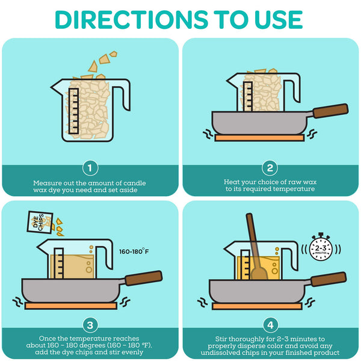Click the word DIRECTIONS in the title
coord(131,20)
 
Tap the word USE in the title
coord(279,20)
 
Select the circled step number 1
coord(90,168)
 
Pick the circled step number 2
coord(270,168)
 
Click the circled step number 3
coord(90,325)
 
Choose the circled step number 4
coord(270,325)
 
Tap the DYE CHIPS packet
coord(40,222)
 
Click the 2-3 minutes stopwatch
coord(321,247)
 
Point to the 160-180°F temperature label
coord(134,251)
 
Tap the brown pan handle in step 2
coord(330,111)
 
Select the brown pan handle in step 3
coord(144,278)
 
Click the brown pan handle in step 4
coord(329,279)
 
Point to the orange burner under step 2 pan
coord(259,138)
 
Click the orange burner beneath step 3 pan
coord(71,306)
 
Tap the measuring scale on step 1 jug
coord(73,111)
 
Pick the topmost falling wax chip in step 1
coord(113,54)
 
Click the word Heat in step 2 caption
coord(230,182)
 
